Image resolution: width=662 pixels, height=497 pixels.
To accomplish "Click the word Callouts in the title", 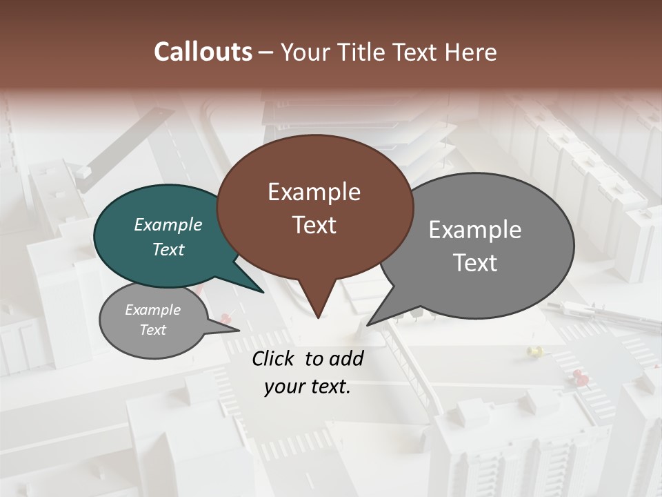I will point(203,52).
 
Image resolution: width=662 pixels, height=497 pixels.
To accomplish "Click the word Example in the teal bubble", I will point(168,224).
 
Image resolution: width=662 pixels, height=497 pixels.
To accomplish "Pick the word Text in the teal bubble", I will point(168,249).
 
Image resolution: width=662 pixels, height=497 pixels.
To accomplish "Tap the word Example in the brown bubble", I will point(314,192).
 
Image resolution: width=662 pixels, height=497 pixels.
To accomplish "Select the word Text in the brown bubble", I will point(314,225).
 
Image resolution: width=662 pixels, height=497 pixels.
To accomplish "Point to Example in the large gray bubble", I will point(475,230).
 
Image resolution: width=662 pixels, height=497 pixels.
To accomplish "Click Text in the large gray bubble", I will point(476,263).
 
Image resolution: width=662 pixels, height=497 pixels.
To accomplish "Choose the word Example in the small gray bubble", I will point(152,310).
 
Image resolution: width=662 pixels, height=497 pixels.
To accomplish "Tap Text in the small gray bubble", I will point(153,330).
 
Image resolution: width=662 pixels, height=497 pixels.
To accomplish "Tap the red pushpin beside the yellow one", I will point(581,376).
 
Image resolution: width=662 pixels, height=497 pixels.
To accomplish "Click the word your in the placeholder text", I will point(283,387).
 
